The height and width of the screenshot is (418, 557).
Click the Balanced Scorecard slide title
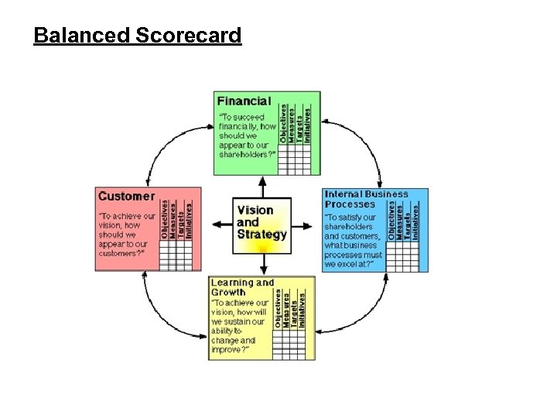coord(138,36)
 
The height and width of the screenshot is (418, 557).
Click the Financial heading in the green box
coord(244,101)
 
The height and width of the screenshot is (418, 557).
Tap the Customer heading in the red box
coord(126,197)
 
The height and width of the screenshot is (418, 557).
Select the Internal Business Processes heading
coord(366,199)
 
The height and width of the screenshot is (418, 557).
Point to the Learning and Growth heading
coord(242,287)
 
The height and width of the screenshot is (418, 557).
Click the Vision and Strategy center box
coord(262,224)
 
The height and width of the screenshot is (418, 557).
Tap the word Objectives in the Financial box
coord(283,123)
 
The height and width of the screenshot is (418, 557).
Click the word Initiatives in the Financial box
coord(308,123)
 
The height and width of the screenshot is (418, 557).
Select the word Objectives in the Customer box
coord(165,219)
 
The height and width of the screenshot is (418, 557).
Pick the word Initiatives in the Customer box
coord(188,219)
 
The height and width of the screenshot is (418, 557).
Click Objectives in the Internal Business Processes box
coord(391,221)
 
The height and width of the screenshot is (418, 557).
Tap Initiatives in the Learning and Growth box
coord(302,307)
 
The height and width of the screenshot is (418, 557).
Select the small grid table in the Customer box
coord(176,255)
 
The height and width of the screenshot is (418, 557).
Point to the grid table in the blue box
coord(402,256)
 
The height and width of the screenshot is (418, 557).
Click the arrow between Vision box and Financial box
coord(262,187)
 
